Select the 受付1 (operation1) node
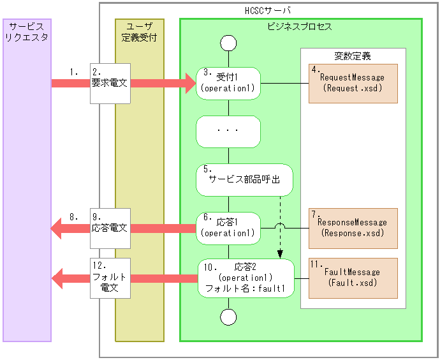[x=228, y=84]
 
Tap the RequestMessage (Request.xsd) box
[x=353, y=84]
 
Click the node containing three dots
[x=228, y=131]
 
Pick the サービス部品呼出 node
[x=244, y=179]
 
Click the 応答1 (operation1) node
[x=228, y=228]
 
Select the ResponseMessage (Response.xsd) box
[x=353, y=228]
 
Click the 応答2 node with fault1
[x=246, y=278]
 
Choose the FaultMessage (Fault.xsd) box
[x=353, y=278]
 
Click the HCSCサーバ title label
[x=268, y=11]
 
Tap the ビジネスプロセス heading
[x=299, y=27]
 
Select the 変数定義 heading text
[x=353, y=56]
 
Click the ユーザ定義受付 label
[x=139, y=32]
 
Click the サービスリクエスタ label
[x=27, y=32]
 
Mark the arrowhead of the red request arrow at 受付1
[x=189, y=83]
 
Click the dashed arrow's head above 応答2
[x=281, y=255]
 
